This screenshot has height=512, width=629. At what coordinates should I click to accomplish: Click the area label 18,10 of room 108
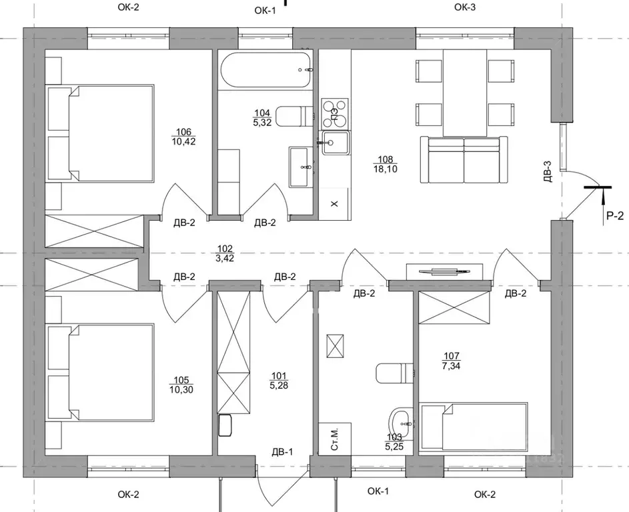coord(385,169)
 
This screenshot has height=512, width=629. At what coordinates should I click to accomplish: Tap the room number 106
coord(183,131)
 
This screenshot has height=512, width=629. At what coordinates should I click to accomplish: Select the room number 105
coord(181,380)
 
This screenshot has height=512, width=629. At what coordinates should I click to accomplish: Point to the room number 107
coord(452,355)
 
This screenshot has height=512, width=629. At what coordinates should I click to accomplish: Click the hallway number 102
coord(225,249)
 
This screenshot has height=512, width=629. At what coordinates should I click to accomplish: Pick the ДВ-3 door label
coord(548,171)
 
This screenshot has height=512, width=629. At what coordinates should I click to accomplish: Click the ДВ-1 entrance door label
coord(282,452)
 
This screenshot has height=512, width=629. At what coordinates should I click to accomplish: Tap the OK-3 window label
coord(465,7)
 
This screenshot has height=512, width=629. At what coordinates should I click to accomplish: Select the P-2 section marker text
coord(615,216)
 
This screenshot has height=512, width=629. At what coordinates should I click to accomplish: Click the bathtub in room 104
coord(265,70)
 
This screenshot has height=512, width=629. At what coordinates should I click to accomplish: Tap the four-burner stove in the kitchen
coord(335,110)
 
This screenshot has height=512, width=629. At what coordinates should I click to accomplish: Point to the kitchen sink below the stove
coord(335,143)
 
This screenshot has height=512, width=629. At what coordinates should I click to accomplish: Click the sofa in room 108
coord(464,159)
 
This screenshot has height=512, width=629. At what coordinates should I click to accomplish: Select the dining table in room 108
coord(465,93)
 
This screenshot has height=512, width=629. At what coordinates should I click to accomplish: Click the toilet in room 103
coord(395,373)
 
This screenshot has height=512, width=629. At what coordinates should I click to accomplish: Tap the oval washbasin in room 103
coord(401,423)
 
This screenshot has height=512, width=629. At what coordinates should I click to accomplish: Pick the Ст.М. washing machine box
coord(335,439)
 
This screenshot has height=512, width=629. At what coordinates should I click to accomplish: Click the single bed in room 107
coord(474,427)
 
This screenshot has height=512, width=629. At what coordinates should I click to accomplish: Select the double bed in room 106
coord(100,133)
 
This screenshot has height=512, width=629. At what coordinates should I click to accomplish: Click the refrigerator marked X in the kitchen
coord(335,204)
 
